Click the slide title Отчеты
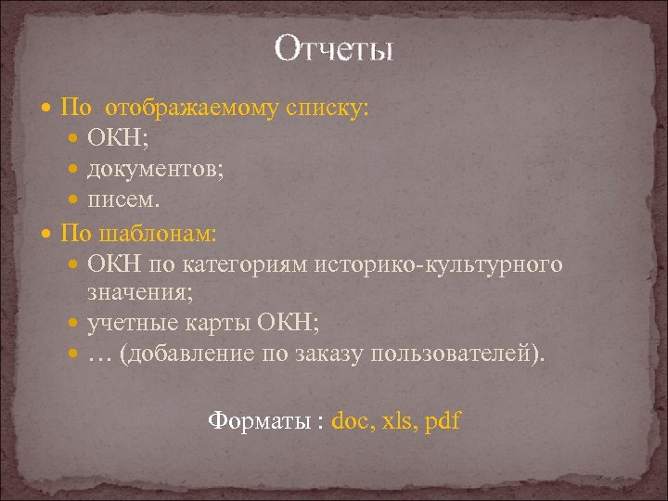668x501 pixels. click(334, 48)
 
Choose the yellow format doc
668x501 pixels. click(350, 420)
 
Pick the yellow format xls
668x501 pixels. click(397, 420)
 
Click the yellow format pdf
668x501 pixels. click(443, 420)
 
